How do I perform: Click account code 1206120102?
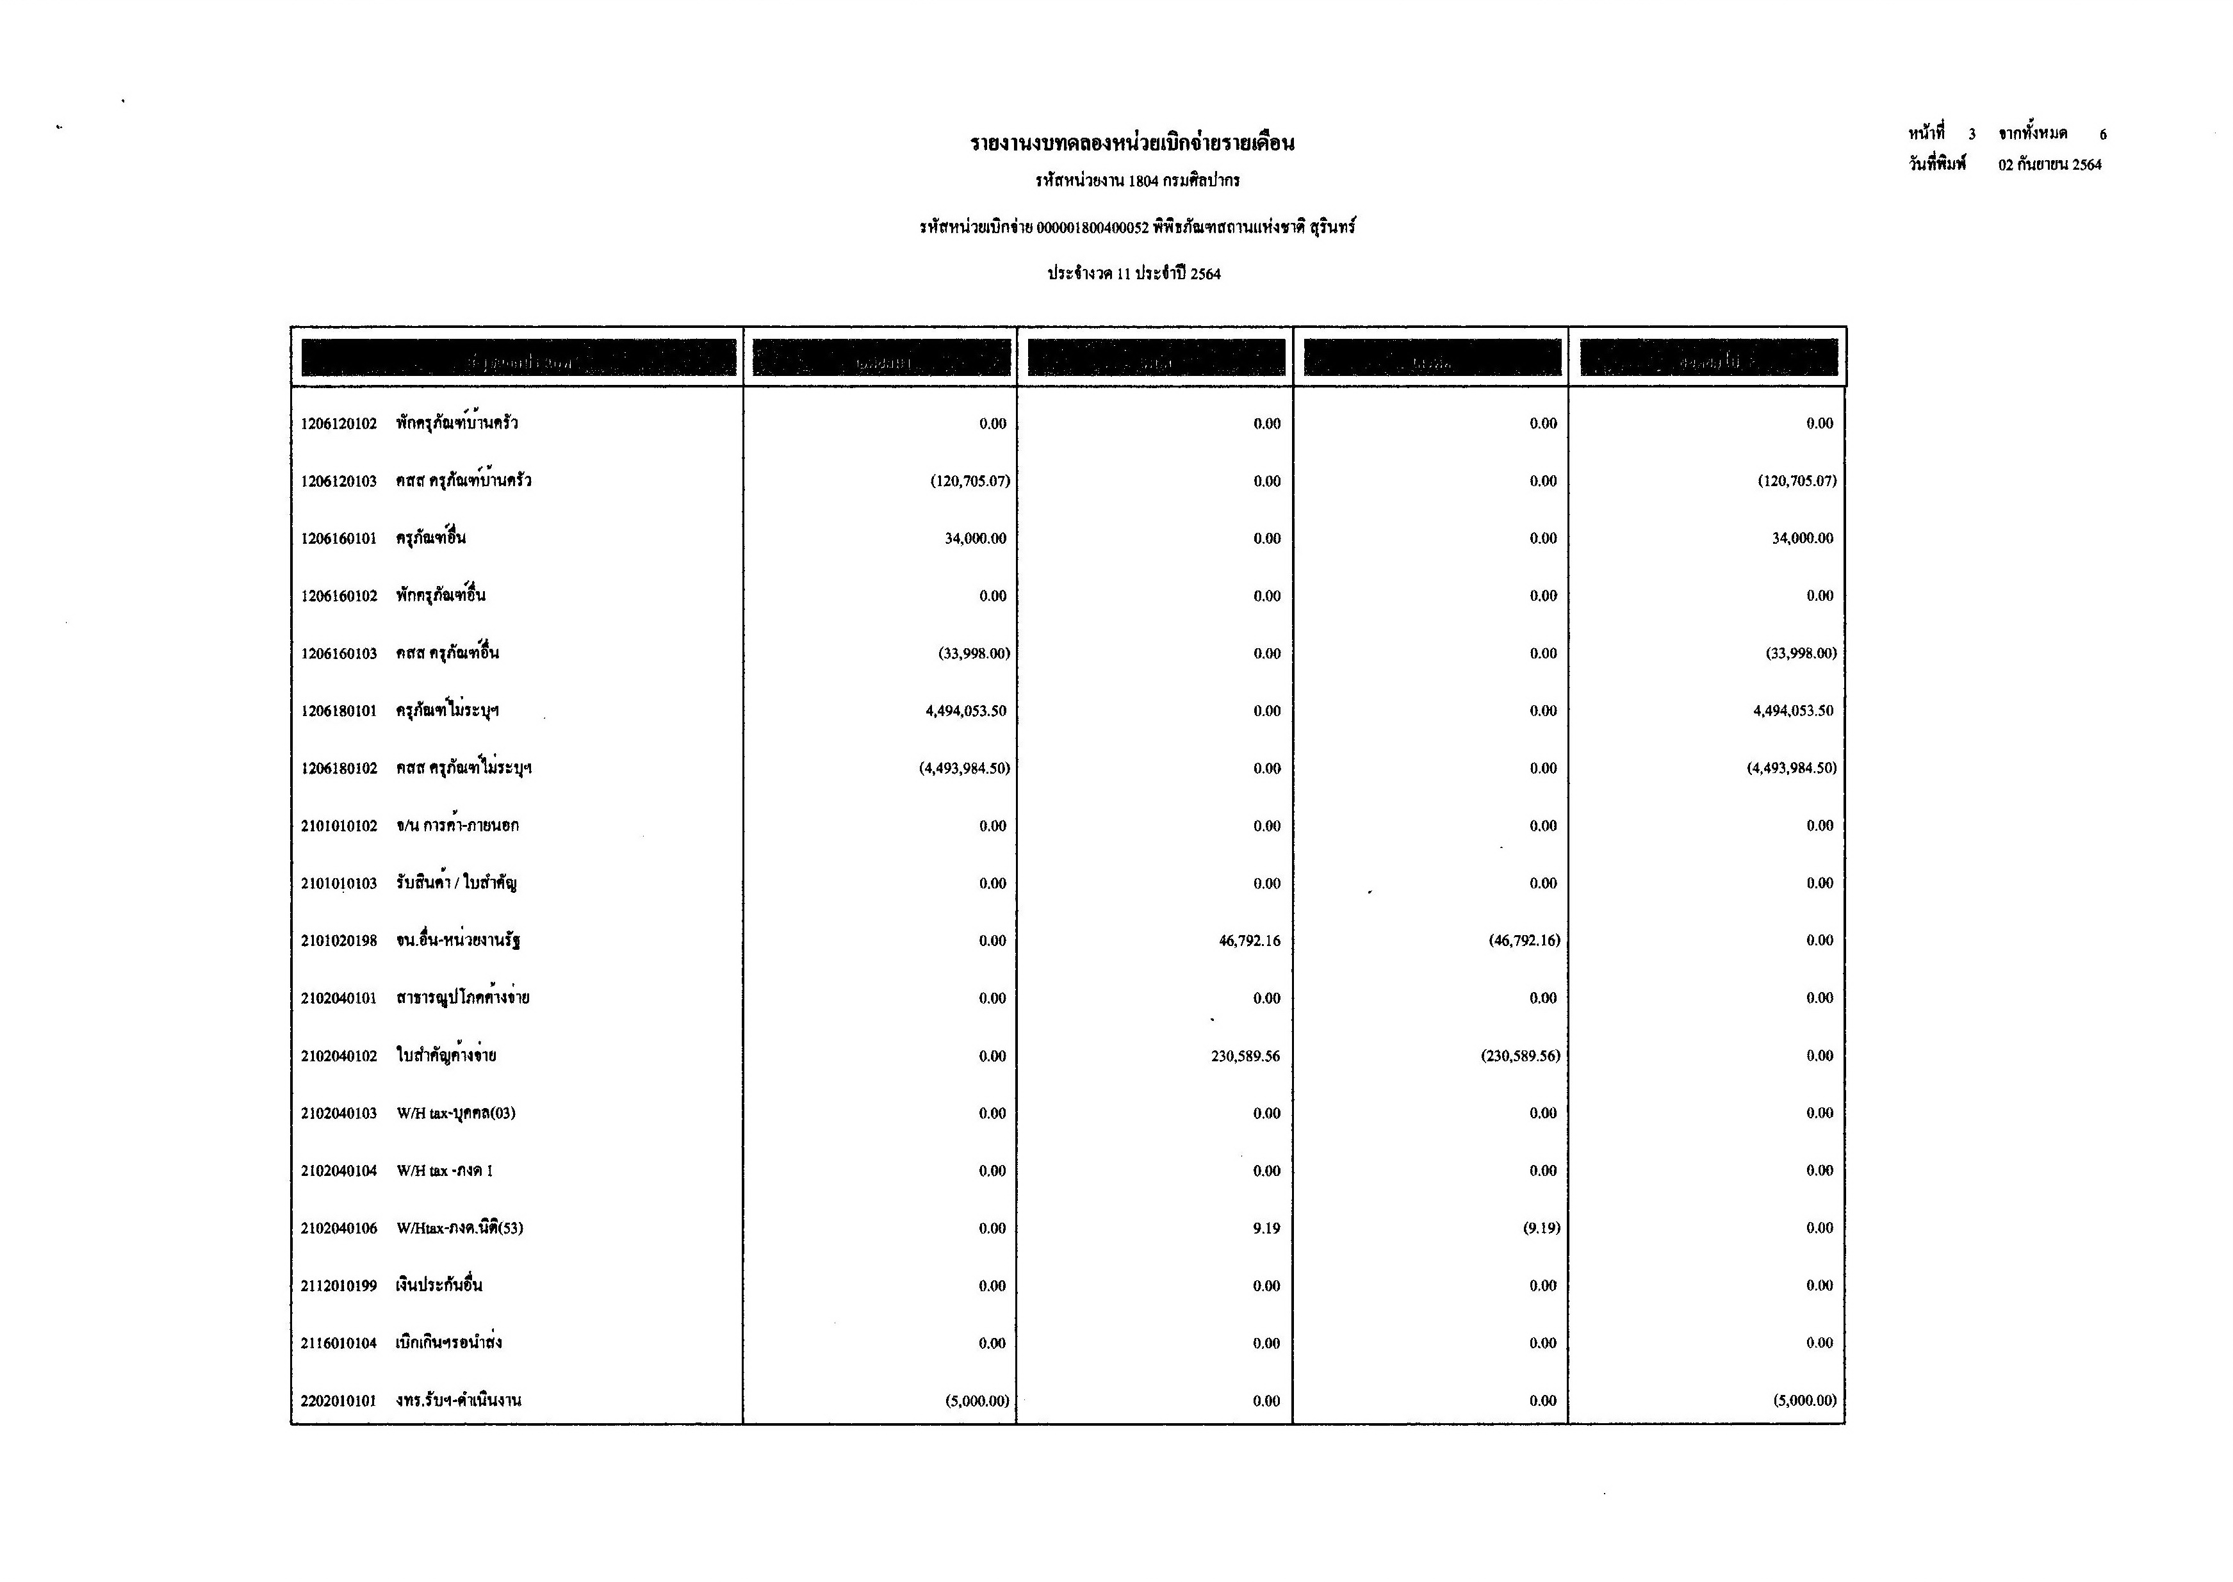(338, 424)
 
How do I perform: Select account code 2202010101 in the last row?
(338, 1401)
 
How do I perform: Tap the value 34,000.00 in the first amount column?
(975, 539)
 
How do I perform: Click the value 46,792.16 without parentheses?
(1249, 941)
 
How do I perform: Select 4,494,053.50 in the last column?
(1793, 711)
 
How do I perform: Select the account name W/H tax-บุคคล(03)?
(456, 1113)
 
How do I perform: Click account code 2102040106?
(338, 1228)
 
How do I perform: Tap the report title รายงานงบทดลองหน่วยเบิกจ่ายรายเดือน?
(1132, 144)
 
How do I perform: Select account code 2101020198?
(338, 941)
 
